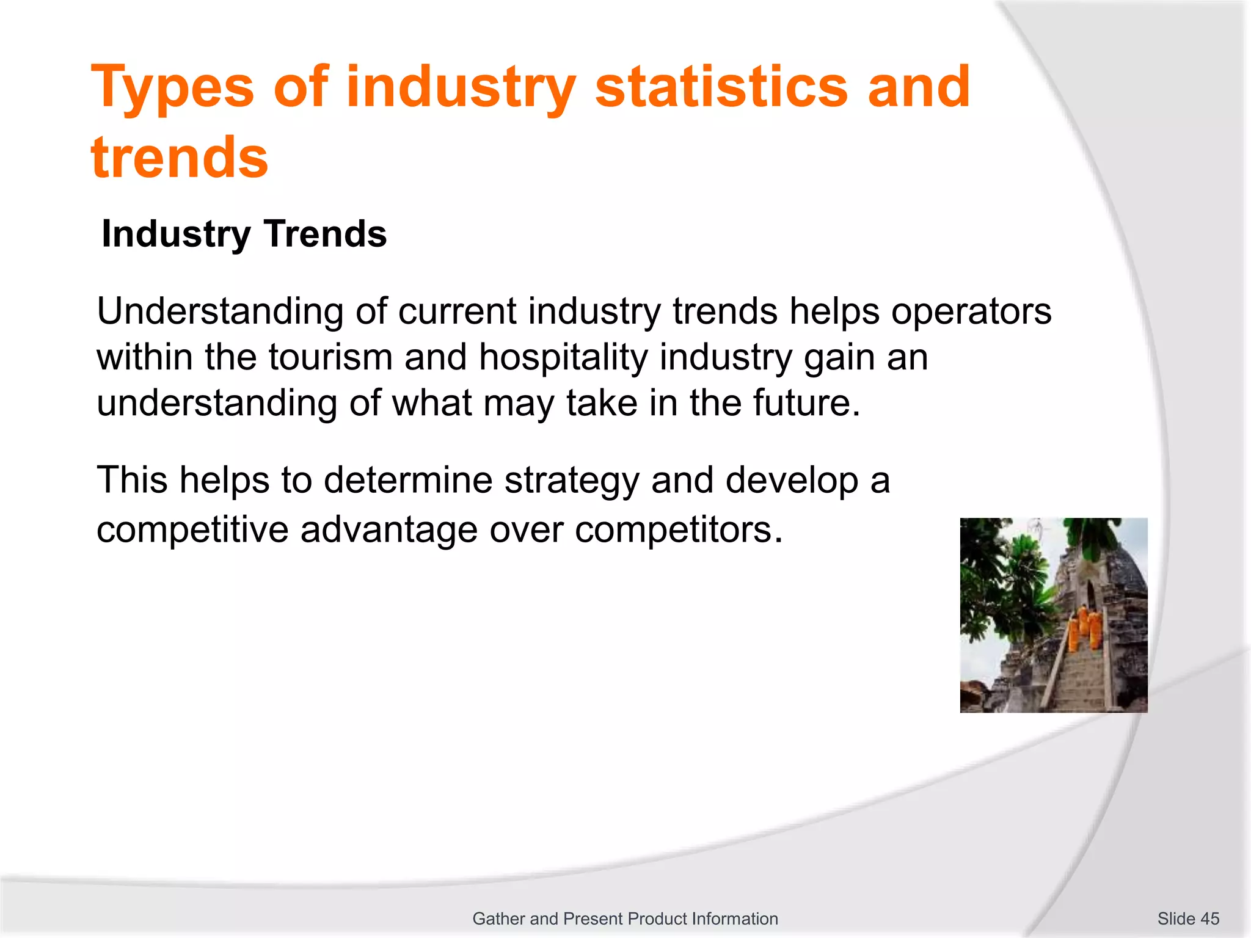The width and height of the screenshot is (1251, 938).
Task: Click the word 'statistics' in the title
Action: pyautogui.click(x=721, y=87)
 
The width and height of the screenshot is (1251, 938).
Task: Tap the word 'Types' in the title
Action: pyautogui.click(x=172, y=87)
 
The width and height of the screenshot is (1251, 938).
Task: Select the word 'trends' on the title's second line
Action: pyautogui.click(x=180, y=158)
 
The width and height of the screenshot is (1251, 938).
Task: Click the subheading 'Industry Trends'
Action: pyautogui.click(x=244, y=234)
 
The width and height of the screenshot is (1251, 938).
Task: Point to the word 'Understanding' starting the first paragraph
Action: pyautogui.click(x=220, y=311)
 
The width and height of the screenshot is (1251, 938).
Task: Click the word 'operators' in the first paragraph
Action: pyautogui.click(x=971, y=311)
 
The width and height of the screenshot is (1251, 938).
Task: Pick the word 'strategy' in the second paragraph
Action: pyautogui.click(x=571, y=480)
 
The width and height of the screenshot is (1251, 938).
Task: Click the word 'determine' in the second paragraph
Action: pyautogui.click(x=407, y=480)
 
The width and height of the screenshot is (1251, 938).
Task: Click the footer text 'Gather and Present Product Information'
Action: pyautogui.click(x=625, y=918)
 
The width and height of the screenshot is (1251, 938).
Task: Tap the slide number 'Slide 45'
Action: pyautogui.click(x=1187, y=918)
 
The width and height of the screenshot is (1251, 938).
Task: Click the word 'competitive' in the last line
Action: pyautogui.click(x=192, y=529)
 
